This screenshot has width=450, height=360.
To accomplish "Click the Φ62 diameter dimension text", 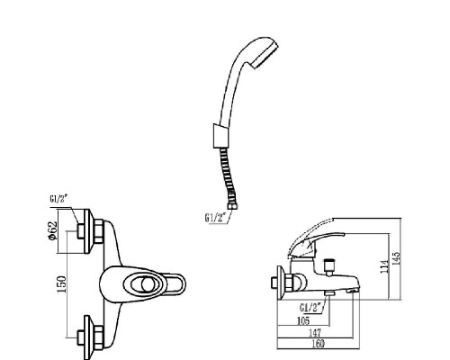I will (56, 231).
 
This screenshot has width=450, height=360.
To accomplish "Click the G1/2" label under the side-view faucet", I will (312, 308).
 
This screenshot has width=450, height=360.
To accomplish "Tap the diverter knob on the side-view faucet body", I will (329, 265).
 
